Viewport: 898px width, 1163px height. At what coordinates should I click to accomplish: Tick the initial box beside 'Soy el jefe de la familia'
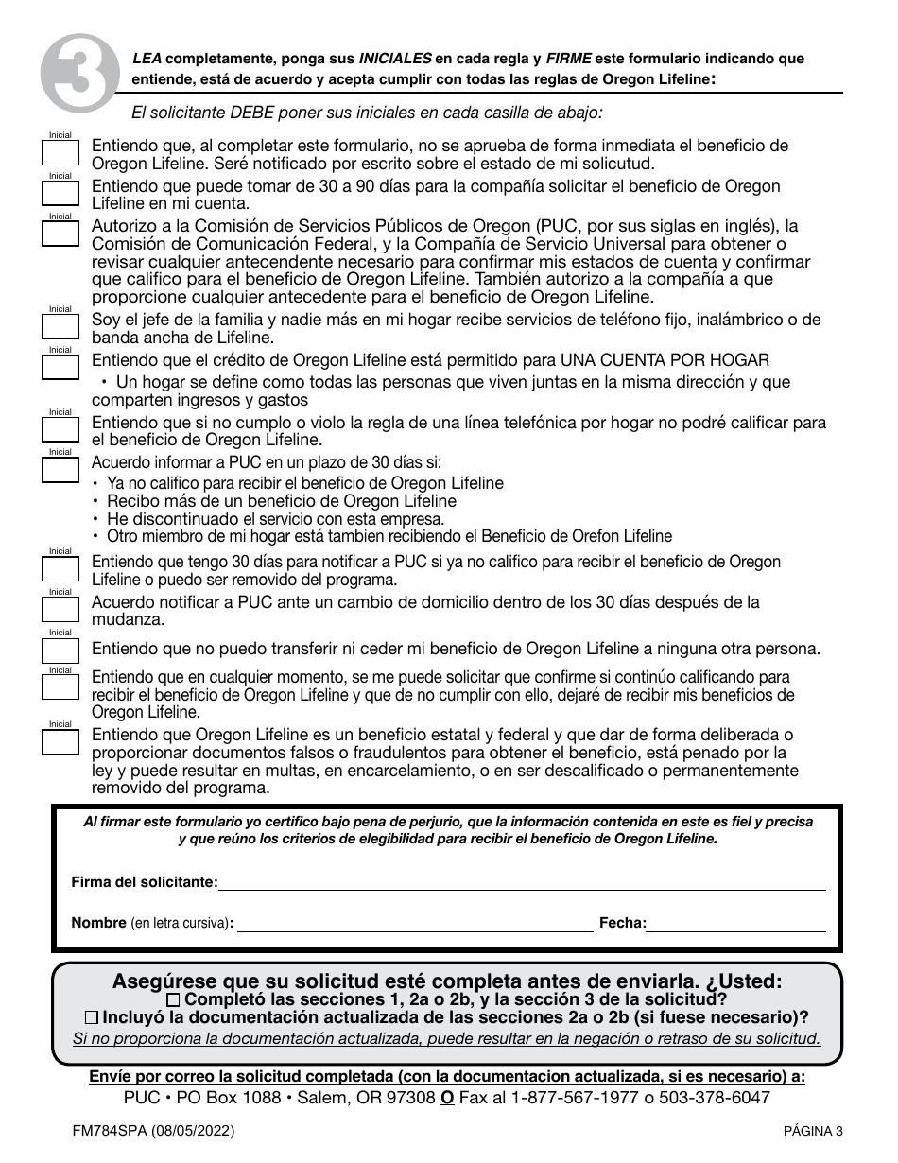pyautogui.click(x=60, y=326)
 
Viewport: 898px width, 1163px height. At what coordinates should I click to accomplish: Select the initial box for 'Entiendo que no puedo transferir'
pyautogui.click(x=60, y=650)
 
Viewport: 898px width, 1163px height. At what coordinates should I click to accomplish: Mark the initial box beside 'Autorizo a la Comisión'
pyautogui.click(x=60, y=234)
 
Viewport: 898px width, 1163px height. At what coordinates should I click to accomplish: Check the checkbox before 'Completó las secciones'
pyautogui.click(x=172, y=999)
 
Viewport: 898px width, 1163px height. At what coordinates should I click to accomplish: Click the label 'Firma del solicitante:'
pyautogui.click(x=145, y=882)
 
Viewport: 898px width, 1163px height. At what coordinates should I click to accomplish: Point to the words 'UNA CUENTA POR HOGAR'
pyautogui.click(x=665, y=360)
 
